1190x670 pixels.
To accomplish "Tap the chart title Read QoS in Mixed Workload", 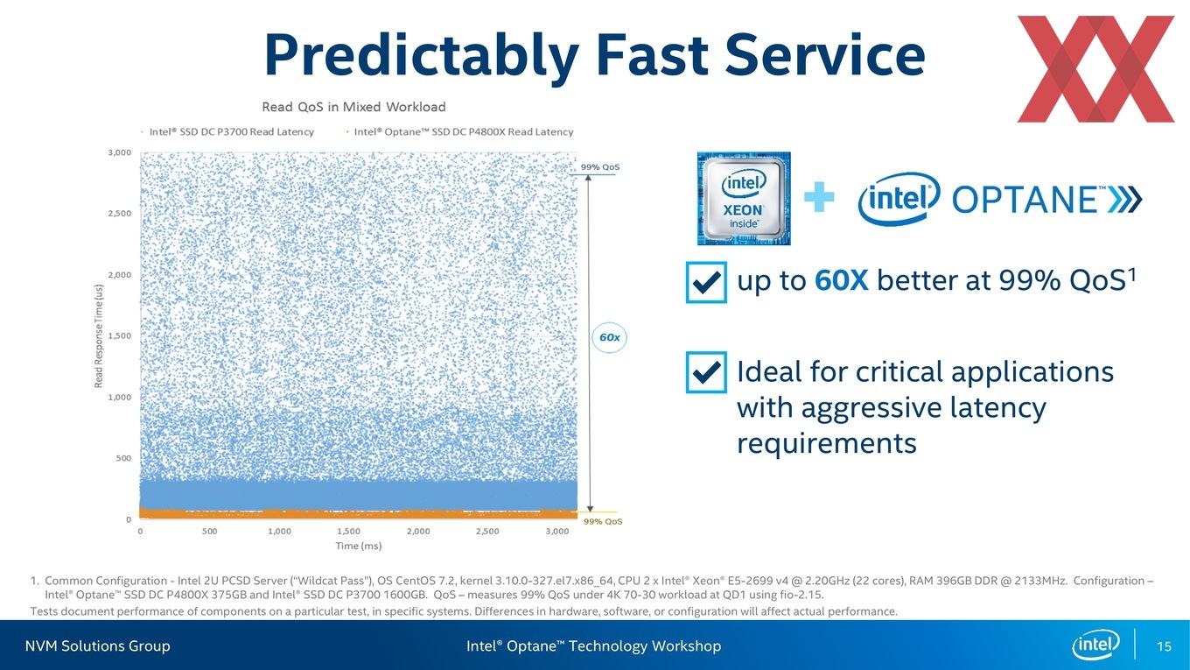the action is point(353,108).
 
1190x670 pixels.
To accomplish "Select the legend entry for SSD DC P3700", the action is point(228,132).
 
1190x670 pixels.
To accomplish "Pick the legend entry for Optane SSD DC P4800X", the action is point(460,132).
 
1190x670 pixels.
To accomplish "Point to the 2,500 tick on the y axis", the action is point(120,213).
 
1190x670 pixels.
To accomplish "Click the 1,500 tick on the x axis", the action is point(348,532).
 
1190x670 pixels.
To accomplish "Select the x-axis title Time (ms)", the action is point(359,546).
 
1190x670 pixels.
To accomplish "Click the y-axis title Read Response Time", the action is point(99,335).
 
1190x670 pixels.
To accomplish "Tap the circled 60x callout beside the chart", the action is point(609,338).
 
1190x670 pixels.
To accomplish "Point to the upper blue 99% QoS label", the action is point(599,167).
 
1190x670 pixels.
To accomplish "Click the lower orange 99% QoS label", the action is point(603,522).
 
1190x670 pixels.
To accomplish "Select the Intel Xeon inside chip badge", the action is point(744,198).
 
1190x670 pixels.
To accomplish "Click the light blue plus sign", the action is point(819,197).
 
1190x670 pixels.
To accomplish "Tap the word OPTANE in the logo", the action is point(1025,200).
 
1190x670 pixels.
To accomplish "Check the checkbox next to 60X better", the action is point(707,282).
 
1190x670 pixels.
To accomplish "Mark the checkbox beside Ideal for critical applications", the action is point(707,372).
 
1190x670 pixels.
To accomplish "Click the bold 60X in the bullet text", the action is point(842,280).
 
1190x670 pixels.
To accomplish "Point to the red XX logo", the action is point(1095,69).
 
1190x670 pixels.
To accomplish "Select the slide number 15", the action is point(1164,646).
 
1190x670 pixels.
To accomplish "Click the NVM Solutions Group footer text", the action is point(98,646).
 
